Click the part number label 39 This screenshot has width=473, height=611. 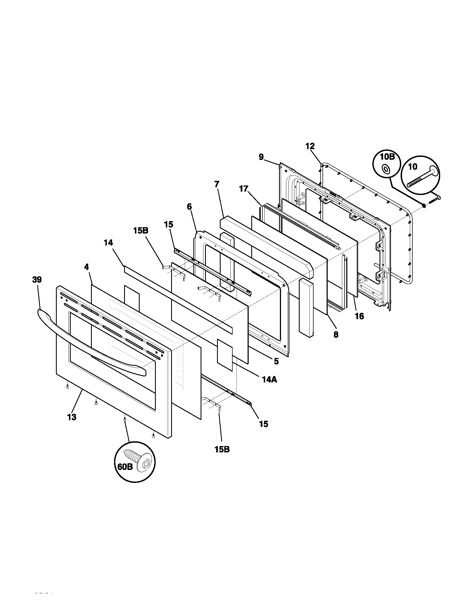click(x=37, y=280)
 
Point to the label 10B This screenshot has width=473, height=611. click(x=387, y=157)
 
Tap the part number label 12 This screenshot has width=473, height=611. click(x=310, y=146)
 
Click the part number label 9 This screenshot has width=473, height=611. click(x=261, y=157)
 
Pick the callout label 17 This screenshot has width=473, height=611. click(x=243, y=189)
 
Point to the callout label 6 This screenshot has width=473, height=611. click(x=189, y=207)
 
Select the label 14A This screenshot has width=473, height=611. click(x=270, y=379)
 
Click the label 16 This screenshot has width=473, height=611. click(x=359, y=316)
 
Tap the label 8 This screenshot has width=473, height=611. click(x=336, y=335)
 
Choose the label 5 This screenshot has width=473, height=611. click(x=276, y=361)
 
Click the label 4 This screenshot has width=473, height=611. click(x=86, y=267)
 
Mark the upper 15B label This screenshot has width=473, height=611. click(x=141, y=231)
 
